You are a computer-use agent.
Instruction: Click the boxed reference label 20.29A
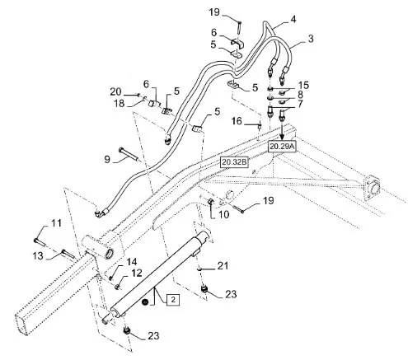click(x=282, y=147)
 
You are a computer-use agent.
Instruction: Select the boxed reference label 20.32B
click(x=234, y=162)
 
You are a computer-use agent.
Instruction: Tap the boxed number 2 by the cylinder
click(x=173, y=300)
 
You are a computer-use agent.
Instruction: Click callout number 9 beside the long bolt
click(x=107, y=159)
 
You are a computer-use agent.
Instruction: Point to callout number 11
click(x=56, y=223)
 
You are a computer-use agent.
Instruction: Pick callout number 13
click(x=38, y=256)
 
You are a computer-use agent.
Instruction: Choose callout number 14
click(x=132, y=262)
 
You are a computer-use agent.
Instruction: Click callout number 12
click(x=137, y=273)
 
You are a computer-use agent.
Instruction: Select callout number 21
click(x=223, y=265)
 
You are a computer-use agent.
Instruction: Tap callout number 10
click(x=224, y=214)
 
